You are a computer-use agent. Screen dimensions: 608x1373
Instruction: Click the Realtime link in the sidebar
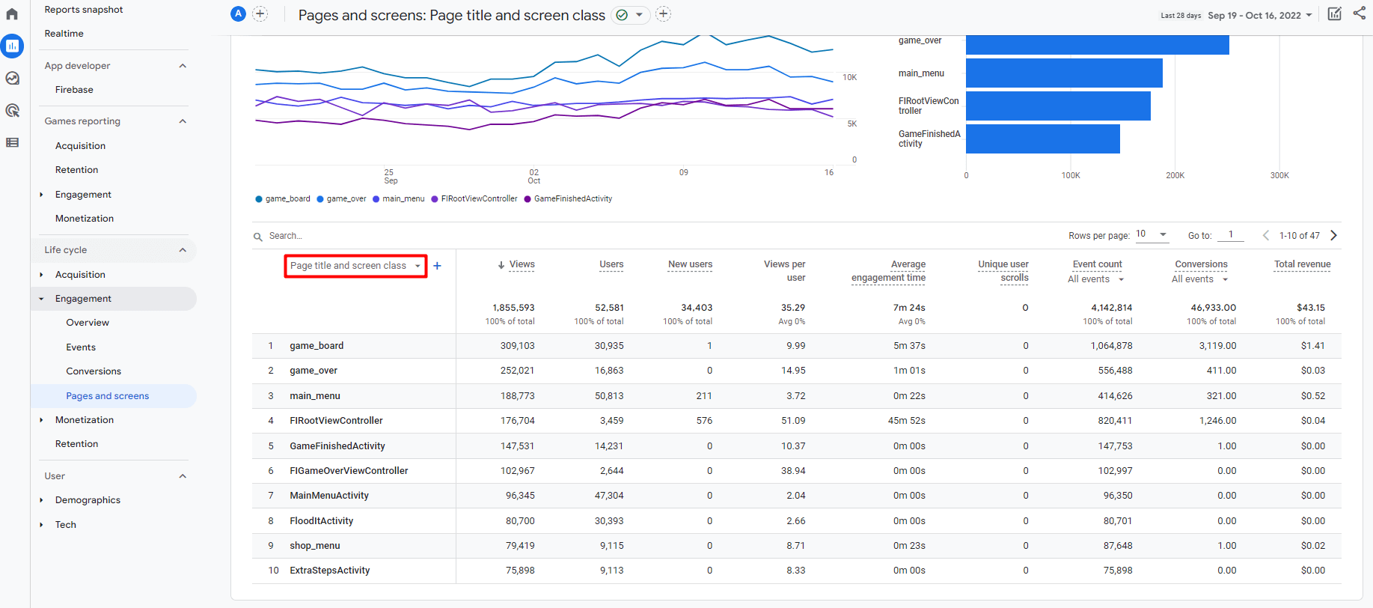click(x=64, y=34)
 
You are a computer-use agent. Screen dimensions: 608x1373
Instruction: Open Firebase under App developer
click(x=74, y=90)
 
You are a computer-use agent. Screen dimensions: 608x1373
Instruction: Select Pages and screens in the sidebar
click(x=107, y=396)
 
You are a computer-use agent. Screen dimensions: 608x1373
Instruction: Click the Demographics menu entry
click(x=88, y=500)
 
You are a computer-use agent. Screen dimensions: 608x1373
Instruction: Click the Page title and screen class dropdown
click(x=355, y=266)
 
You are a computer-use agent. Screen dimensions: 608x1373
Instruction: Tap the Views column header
click(x=522, y=264)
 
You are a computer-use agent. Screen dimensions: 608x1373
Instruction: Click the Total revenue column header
click(x=1302, y=264)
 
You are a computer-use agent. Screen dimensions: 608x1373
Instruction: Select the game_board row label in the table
click(x=317, y=346)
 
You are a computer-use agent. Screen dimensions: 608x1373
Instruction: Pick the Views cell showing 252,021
click(x=517, y=371)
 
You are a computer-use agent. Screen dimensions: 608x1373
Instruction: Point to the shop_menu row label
click(x=314, y=546)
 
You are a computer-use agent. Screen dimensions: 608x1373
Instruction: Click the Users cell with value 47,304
click(x=608, y=496)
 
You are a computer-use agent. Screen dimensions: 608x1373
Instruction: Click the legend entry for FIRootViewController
click(x=478, y=199)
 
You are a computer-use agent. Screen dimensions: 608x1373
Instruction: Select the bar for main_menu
click(x=1063, y=73)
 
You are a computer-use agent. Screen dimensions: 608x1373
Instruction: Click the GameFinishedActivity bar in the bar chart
click(x=1042, y=139)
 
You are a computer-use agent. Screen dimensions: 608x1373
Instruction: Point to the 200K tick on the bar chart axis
click(x=1175, y=175)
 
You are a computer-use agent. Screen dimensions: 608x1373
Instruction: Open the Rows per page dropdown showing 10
click(x=1152, y=234)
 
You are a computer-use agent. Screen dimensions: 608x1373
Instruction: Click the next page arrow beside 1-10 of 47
click(x=1333, y=235)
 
